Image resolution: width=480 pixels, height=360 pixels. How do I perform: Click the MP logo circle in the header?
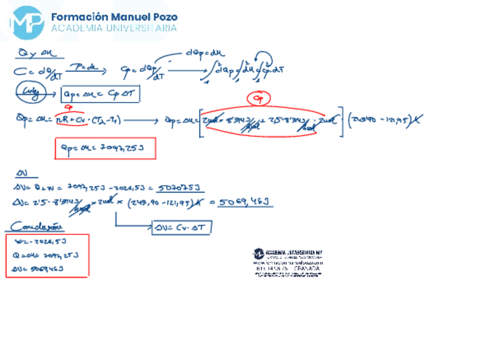[27, 21]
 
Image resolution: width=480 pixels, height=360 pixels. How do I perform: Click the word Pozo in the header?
[160, 16]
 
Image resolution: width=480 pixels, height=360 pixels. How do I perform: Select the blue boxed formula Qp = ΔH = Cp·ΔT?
[101, 93]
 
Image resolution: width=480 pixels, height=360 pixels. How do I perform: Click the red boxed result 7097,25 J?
[105, 149]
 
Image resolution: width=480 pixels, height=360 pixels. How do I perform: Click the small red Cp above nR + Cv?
[69, 108]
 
